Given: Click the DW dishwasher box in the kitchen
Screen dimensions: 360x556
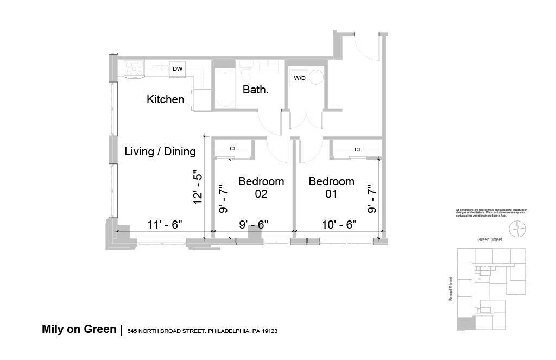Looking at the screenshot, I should pyautogui.click(x=177, y=68).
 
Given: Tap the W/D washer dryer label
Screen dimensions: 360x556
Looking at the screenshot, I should pyautogui.click(x=300, y=78).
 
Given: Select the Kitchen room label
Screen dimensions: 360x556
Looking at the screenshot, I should pyautogui.click(x=166, y=99).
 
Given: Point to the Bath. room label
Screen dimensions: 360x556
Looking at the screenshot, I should pyautogui.click(x=255, y=90).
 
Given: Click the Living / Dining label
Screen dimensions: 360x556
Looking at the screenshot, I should pyautogui.click(x=160, y=151).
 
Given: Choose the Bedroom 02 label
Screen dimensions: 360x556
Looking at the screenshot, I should pyautogui.click(x=261, y=187).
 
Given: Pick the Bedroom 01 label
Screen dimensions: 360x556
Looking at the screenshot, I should pyautogui.click(x=331, y=187).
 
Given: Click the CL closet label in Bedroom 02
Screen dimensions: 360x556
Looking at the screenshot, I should pyautogui.click(x=233, y=148).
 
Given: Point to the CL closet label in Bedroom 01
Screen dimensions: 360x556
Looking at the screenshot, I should pyautogui.click(x=358, y=149).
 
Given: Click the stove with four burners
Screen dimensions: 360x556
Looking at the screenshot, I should pyautogui.click(x=134, y=68).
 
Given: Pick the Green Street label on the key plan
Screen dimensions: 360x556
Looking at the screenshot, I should pyautogui.click(x=490, y=239).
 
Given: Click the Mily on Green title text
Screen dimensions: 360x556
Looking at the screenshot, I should pyautogui.click(x=79, y=329).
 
